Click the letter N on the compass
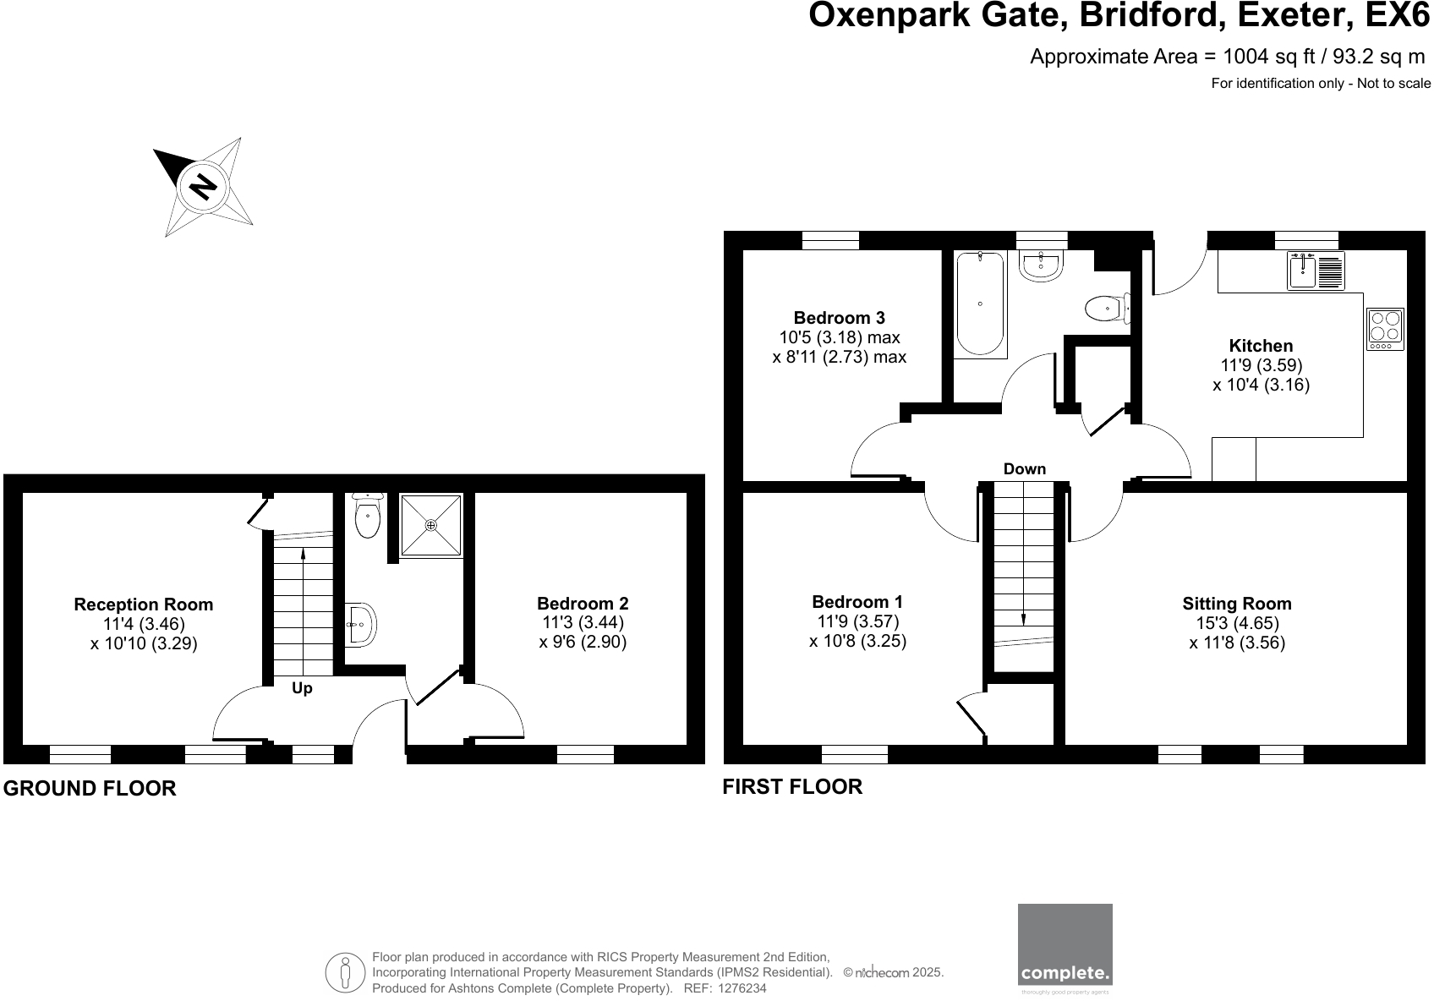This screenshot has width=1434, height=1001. (x=202, y=185)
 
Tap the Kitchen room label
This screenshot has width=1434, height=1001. (x=1261, y=345)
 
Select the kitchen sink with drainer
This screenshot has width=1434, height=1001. (x=1316, y=271)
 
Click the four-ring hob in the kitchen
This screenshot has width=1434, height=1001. (x=1386, y=329)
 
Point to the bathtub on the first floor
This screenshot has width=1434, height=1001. (x=980, y=303)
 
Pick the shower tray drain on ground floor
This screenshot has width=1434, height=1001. (x=431, y=525)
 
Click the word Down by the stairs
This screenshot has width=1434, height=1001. (x=1024, y=469)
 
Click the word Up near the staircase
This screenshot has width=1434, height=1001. (x=302, y=688)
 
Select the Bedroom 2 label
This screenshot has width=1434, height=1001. (x=583, y=604)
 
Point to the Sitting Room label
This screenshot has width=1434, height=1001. (x=1236, y=604)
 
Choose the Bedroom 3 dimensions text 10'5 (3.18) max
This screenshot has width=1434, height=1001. (x=839, y=337)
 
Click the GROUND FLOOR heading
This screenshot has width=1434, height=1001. (x=90, y=788)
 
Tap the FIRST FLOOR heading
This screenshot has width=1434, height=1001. (x=792, y=786)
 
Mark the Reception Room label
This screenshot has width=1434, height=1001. (x=144, y=604)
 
